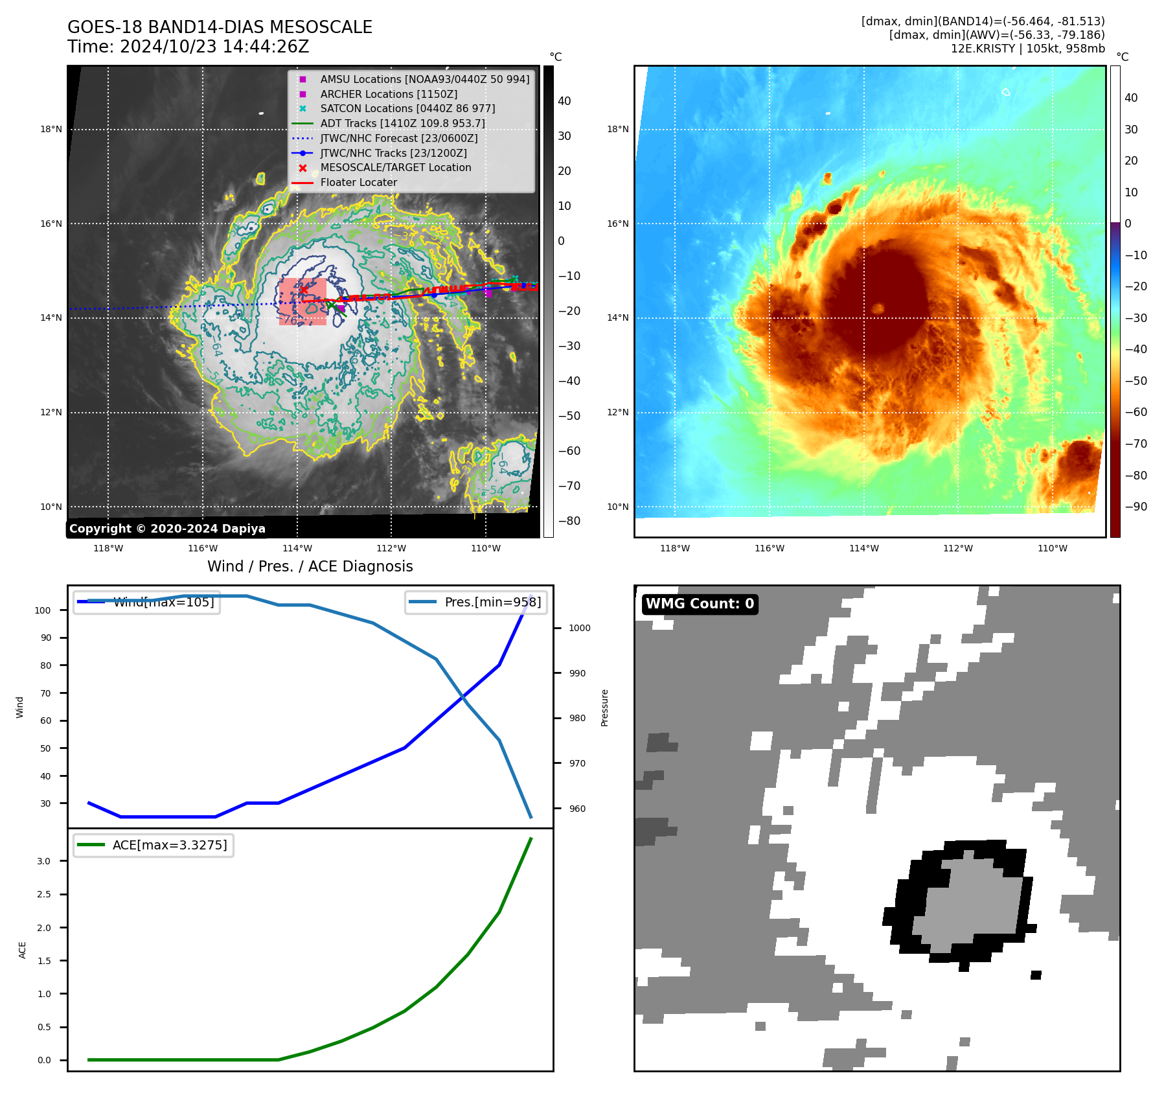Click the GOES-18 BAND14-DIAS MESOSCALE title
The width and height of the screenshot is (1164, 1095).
(220, 27)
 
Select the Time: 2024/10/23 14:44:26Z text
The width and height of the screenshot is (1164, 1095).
(188, 47)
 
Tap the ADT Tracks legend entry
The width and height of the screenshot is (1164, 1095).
(402, 123)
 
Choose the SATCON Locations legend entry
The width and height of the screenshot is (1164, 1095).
(407, 108)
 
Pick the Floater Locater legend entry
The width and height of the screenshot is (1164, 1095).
(358, 182)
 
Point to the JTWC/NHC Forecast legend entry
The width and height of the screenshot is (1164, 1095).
(398, 138)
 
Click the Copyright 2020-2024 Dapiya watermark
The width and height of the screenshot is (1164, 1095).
(167, 529)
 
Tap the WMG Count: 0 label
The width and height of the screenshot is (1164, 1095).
(700, 604)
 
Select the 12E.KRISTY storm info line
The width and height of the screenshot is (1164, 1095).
(1027, 49)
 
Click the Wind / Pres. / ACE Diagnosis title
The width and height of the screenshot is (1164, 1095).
(310, 566)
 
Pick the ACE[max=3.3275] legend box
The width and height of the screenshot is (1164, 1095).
(154, 845)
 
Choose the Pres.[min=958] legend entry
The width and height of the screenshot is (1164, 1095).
(476, 602)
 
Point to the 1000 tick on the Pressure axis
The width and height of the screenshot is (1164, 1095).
(579, 628)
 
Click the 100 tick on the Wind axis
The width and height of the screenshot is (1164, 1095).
(43, 610)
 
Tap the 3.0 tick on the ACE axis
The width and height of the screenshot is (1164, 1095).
(43, 861)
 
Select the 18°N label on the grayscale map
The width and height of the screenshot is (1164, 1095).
(51, 129)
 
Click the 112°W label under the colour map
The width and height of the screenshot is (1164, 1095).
(957, 548)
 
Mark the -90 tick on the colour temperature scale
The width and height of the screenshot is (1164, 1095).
(1136, 507)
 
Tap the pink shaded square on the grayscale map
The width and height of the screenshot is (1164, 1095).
(302, 302)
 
